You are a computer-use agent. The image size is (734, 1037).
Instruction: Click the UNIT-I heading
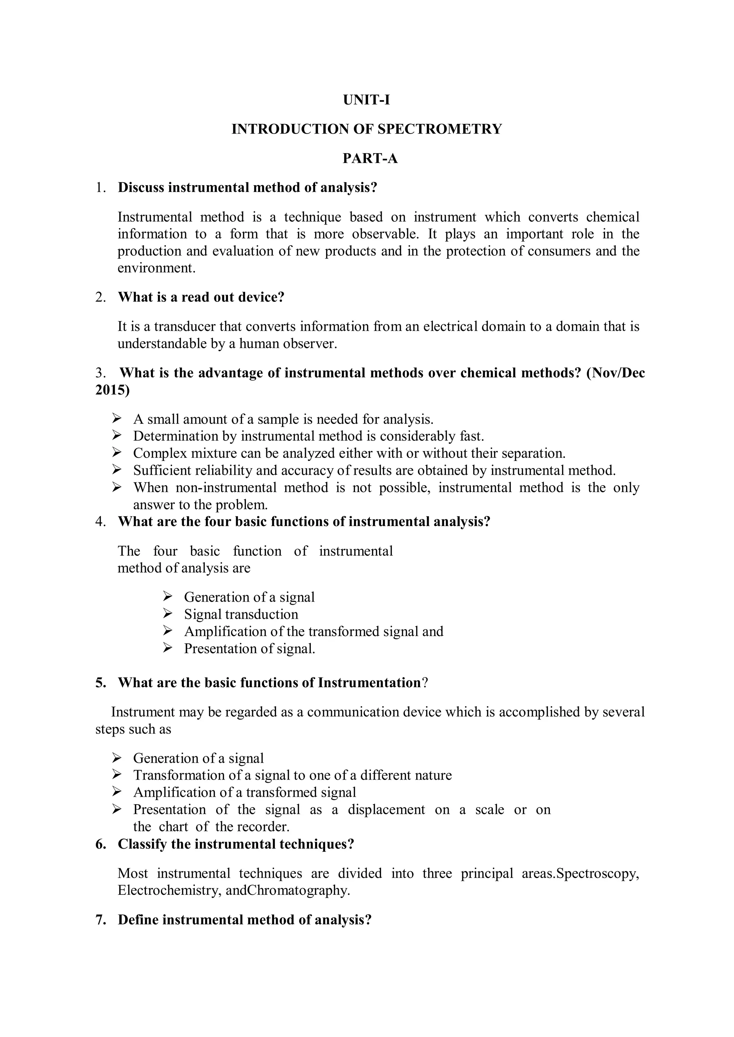[x=366, y=100]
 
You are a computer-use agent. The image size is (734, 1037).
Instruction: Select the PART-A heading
[x=370, y=159]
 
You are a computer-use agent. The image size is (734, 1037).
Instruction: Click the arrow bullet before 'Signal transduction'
[x=168, y=614]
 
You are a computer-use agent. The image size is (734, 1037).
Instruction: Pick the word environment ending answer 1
[x=156, y=268]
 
